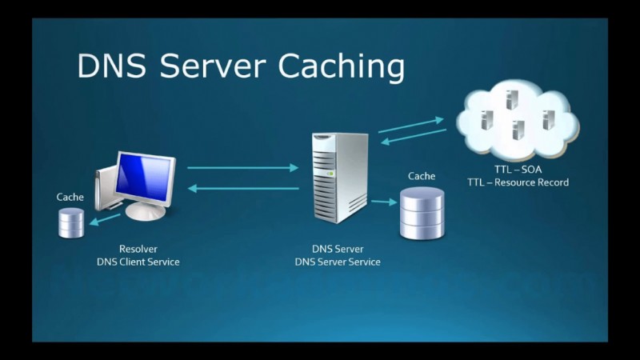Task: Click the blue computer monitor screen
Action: pyautogui.click(x=145, y=175)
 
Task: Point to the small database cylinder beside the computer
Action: pyautogui.click(x=70, y=222)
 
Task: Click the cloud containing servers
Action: pyautogui.click(x=516, y=121)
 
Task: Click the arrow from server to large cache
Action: pyautogui.click(x=385, y=202)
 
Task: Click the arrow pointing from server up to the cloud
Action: pyautogui.click(x=411, y=124)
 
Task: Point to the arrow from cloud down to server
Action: pyautogui.click(x=413, y=137)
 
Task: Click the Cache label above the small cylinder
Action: pyautogui.click(x=70, y=197)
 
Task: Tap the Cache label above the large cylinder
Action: pyautogui.click(x=422, y=176)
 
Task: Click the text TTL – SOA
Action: pyautogui.click(x=518, y=170)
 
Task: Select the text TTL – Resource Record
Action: pyautogui.click(x=518, y=182)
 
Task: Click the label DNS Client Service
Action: pyautogui.click(x=138, y=262)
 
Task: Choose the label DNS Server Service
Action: pyautogui.click(x=338, y=262)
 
